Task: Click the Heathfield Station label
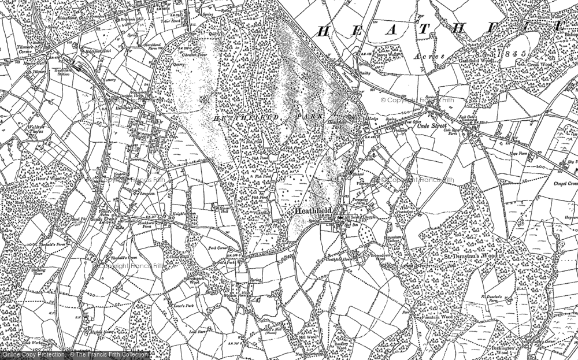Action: tap(61, 71)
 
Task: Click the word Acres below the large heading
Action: tap(427, 56)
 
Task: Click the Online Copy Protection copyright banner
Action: tap(75, 354)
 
